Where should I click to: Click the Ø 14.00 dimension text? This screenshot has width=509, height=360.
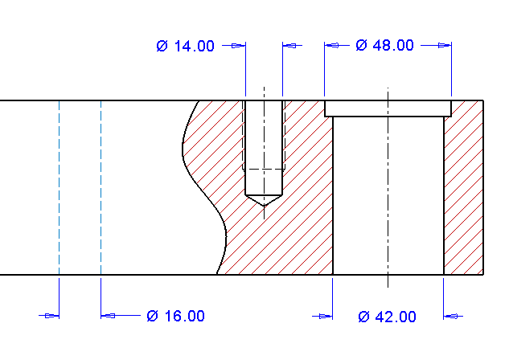tap(186, 46)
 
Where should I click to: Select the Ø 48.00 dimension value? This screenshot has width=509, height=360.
tap(384, 46)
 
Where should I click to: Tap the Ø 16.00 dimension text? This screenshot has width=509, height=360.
tap(175, 316)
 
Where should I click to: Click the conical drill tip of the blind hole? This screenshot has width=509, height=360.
tap(264, 200)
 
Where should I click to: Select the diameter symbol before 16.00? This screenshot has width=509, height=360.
tap(152, 316)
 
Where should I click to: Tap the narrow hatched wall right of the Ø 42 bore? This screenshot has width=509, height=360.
tap(463, 193)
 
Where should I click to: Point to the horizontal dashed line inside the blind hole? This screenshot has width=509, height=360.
tap(264, 170)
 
